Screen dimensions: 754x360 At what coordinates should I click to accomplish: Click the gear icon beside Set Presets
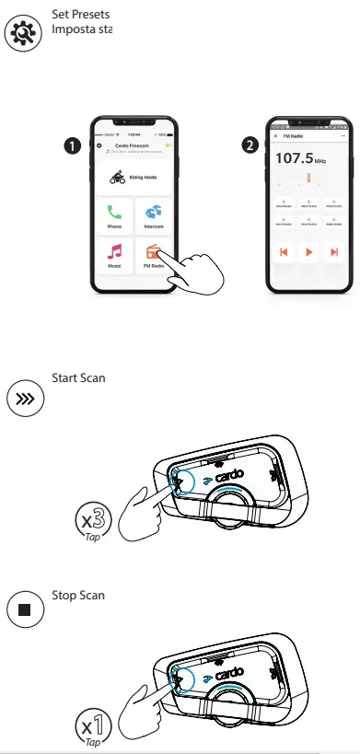[22, 31]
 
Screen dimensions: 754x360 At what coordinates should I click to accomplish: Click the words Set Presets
[81, 16]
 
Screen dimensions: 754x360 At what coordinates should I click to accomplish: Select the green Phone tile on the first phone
[114, 216]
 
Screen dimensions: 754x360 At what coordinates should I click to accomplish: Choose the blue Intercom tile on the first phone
[152, 216]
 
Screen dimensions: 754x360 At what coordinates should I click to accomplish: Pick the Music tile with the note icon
[114, 255]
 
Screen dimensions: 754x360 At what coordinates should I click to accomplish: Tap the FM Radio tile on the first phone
[152, 255]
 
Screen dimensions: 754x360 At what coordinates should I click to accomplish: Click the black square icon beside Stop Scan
[22, 609]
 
